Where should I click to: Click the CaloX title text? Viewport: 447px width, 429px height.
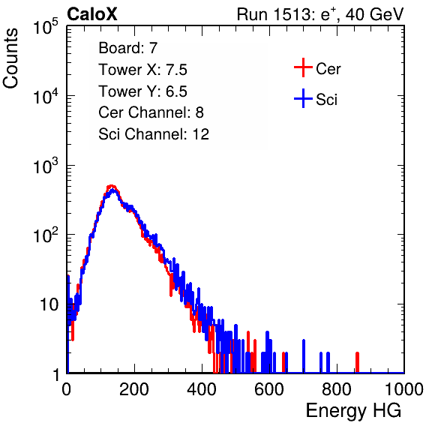click(x=92, y=14)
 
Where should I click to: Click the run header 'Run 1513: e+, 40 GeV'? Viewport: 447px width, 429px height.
click(x=320, y=14)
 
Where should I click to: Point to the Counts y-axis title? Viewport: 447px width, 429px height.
click(x=10, y=58)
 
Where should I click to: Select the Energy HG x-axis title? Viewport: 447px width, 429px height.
click(x=353, y=411)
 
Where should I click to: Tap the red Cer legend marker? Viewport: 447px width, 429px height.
click(x=303, y=67)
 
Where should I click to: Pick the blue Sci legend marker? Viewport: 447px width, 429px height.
click(x=303, y=98)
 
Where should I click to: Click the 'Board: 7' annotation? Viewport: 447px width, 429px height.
click(x=128, y=48)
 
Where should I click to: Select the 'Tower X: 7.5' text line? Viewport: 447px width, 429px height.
click(x=142, y=70)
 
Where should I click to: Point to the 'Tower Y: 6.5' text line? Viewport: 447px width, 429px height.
click(x=142, y=91)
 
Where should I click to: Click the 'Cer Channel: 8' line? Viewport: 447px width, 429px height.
click(x=151, y=112)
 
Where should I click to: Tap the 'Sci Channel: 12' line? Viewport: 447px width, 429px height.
click(x=154, y=134)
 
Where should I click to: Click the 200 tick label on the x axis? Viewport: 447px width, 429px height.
click(x=134, y=389)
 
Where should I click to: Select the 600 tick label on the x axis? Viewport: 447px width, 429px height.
click(x=269, y=389)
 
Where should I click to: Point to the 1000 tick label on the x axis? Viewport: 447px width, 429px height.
click(x=404, y=389)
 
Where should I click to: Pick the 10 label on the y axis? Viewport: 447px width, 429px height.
click(x=49, y=304)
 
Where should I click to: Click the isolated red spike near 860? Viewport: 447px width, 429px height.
click(x=357, y=362)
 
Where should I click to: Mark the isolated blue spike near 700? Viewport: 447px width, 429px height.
click(x=304, y=356)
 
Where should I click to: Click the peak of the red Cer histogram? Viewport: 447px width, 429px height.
click(x=112, y=185)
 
